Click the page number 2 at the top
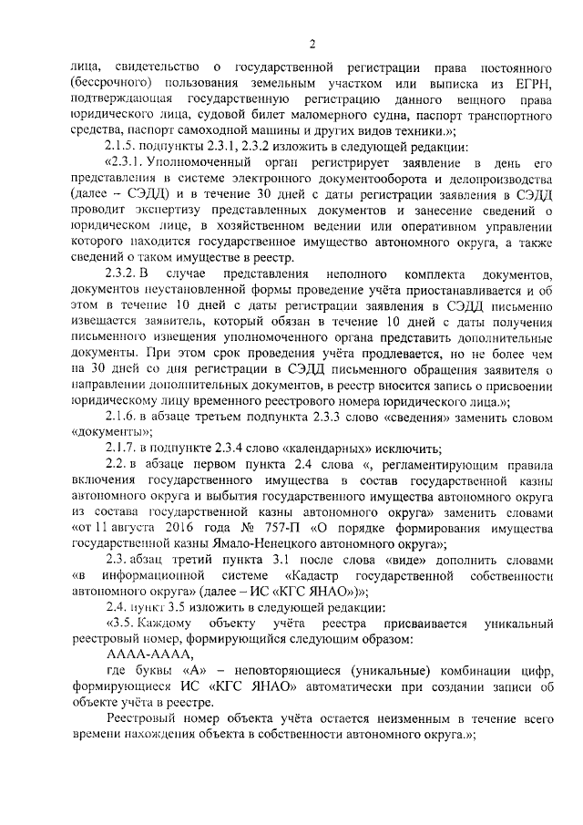click(312, 43)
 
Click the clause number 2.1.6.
click(124, 414)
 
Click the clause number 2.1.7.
click(124, 447)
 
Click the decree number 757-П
click(274, 529)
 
